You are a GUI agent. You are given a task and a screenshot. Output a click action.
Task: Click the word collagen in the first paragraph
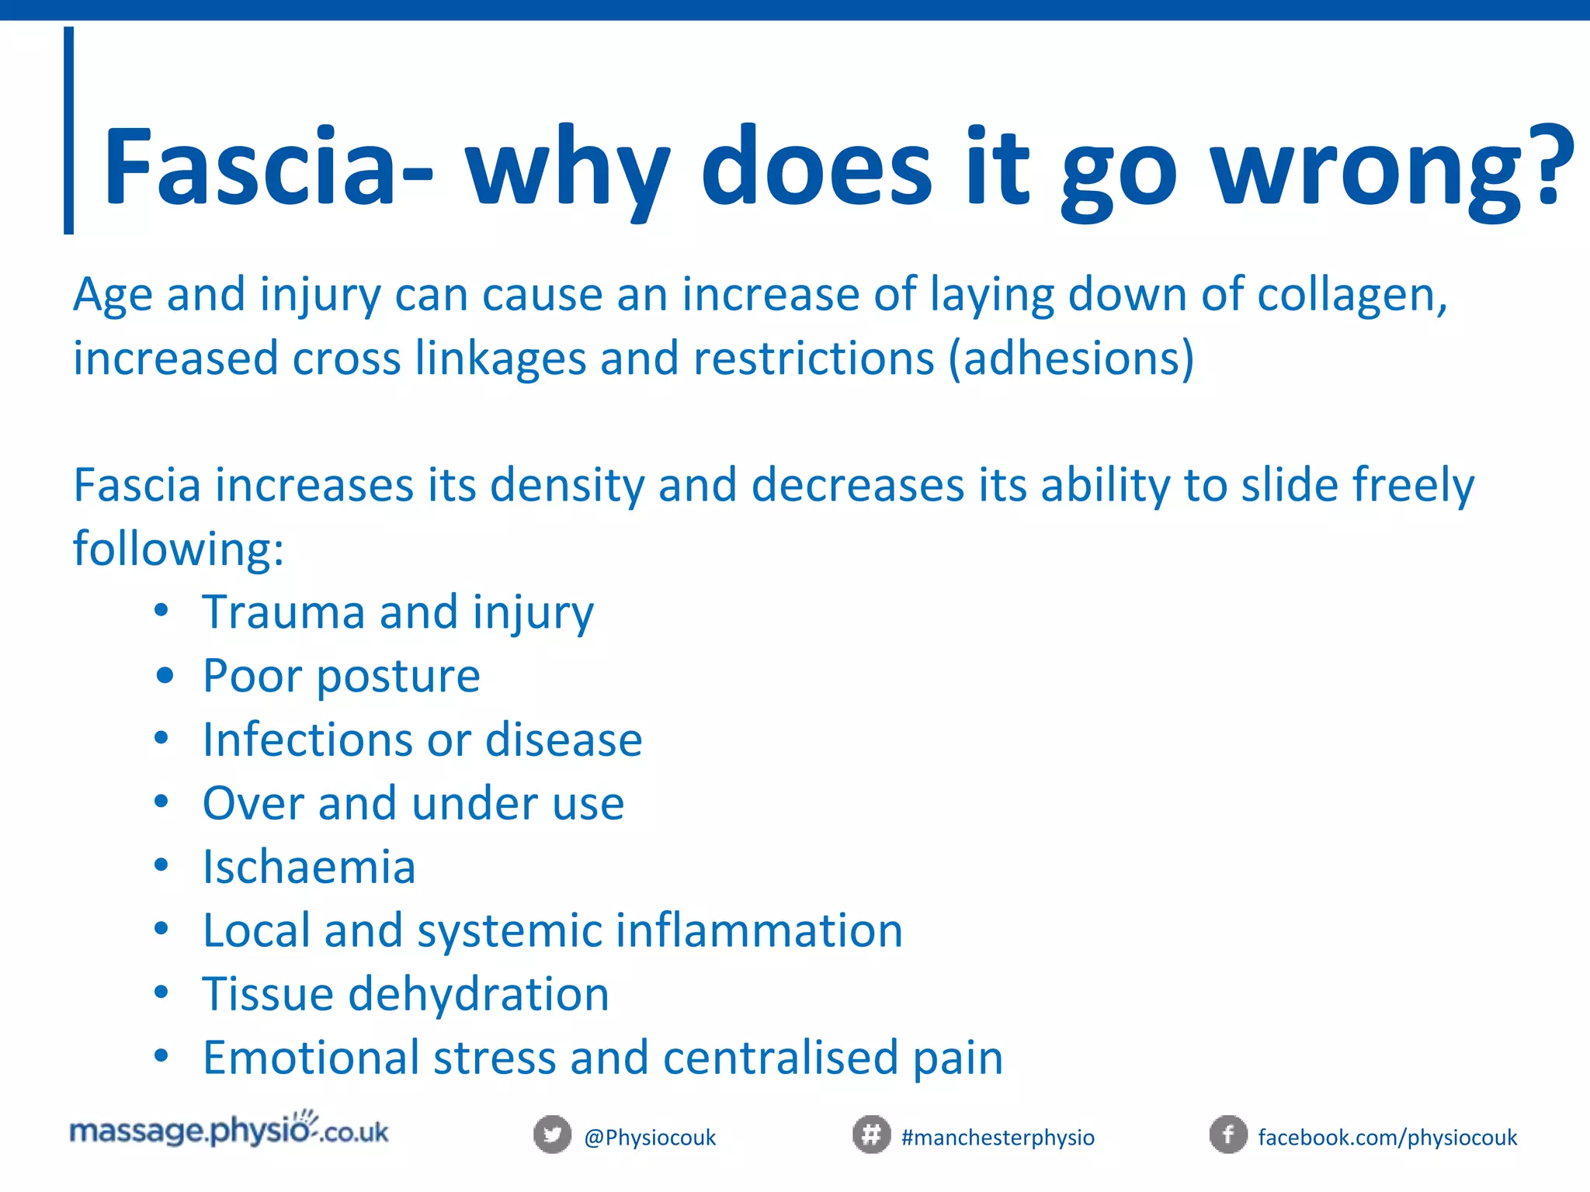pos(1351,296)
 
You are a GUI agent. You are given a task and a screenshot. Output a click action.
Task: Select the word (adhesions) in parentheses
pos(1071,359)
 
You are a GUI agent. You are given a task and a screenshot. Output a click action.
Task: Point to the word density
pos(567,487)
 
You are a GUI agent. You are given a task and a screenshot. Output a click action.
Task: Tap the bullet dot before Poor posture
pos(164,675)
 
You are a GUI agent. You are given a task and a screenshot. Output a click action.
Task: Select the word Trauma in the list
pos(283,612)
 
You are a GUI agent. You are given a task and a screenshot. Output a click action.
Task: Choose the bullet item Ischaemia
pos(309,867)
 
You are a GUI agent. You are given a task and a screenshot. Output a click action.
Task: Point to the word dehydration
pos(478,994)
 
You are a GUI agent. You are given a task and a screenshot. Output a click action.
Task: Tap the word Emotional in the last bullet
pos(311,1058)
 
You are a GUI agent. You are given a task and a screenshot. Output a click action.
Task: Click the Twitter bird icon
pos(552,1135)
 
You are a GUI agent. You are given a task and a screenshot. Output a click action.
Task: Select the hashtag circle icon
pos(871,1135)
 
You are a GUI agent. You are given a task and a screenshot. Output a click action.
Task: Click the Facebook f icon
pos(1228,1135)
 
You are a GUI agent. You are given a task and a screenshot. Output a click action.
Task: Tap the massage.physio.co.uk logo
pos(229,1130)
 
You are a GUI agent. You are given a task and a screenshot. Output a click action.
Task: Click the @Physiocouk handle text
pos(650,1138)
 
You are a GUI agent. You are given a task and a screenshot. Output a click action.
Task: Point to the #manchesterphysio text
pos(998,1138)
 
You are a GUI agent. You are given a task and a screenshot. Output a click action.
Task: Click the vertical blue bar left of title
pos(69,130)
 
